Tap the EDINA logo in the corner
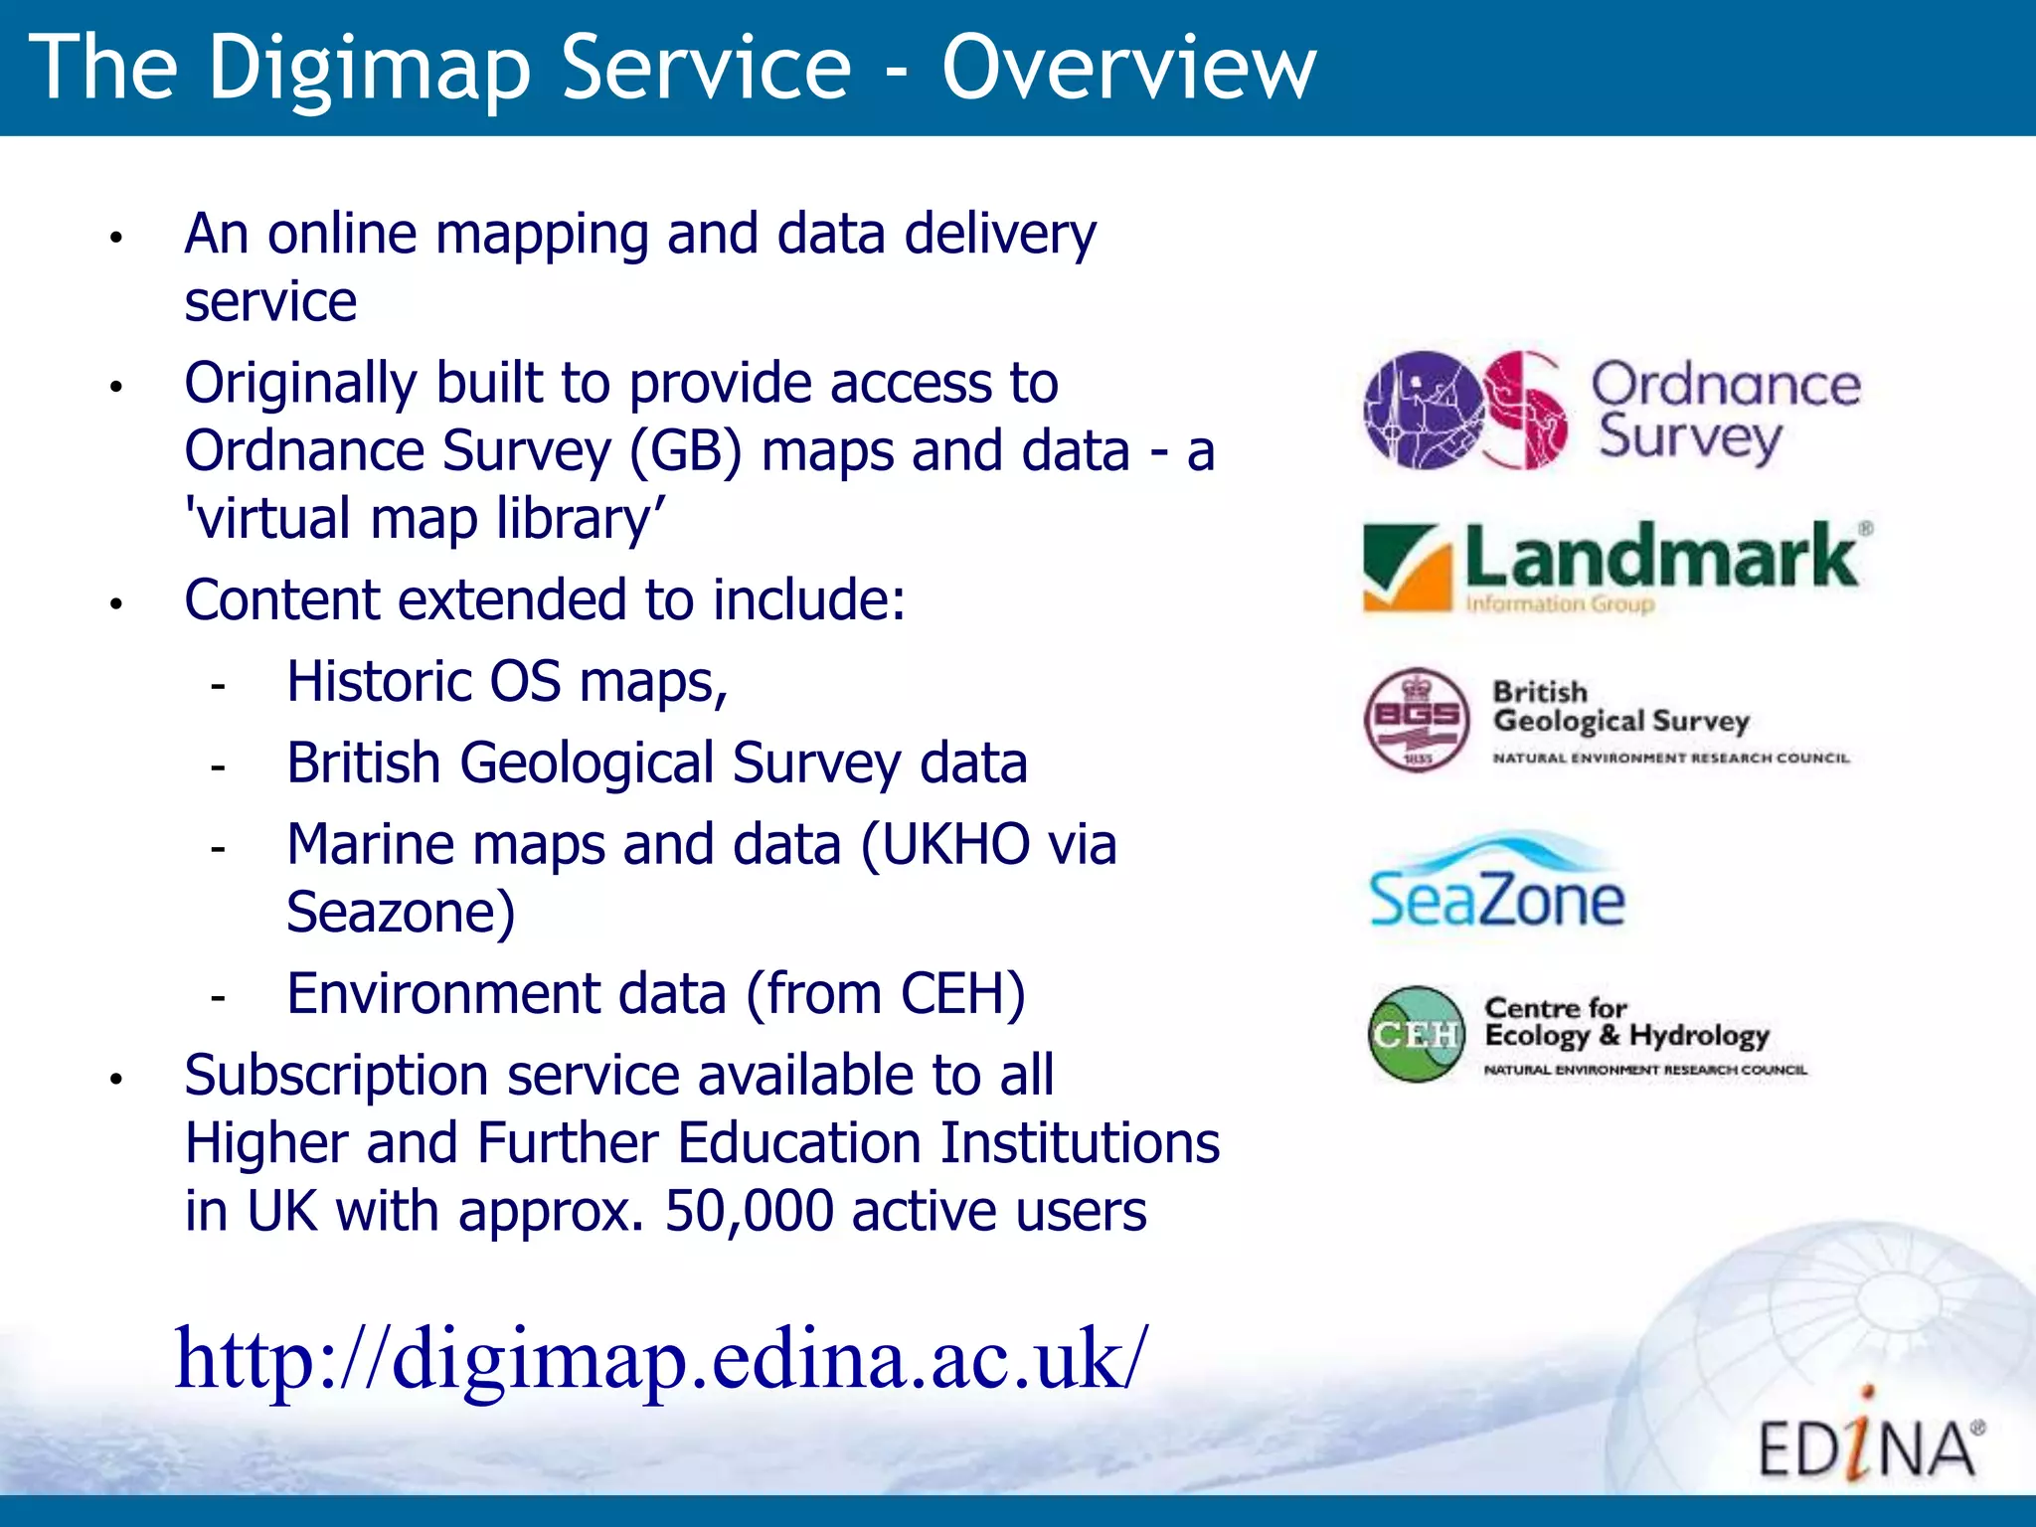pyautogui.click(x=1869, y=1442)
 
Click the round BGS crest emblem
pyautogui.click(x=1417, y=719)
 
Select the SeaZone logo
pyautogui.click(x=1496, y=883)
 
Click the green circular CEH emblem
pyautogui.click(x=1417, y=1034)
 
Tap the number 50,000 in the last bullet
pyautogui.click(x=749, y=1212)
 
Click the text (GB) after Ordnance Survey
pyautogui.click(x=686, y=452)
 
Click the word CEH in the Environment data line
pyautogui.click(x=961, y=994)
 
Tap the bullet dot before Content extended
pyautogui.click(x=116, y=603)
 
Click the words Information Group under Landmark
pyautogui.click(x=1559, y=603)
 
